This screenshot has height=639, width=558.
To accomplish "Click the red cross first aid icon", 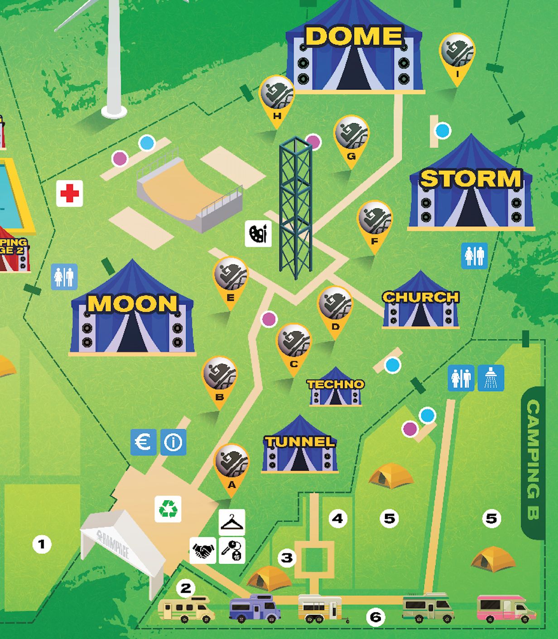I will pyautogui.click(x=69, y=194).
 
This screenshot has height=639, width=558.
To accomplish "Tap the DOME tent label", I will pyautogui.click(x=354, y=36).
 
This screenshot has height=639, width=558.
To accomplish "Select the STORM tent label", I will pyautogui.click(x=471, y=179).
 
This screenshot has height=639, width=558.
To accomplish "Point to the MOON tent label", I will pyautogui.click(x=132, y=304).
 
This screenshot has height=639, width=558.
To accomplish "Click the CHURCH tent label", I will pyautogui.click(x=421, y=297).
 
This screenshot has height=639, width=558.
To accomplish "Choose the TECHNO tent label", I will pyautogui.click(x=336, y=384).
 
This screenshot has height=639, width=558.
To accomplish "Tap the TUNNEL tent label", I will pyautogui.click(x=300, y=441).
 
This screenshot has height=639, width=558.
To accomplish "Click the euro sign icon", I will pyautogui.click(x=144, y=442).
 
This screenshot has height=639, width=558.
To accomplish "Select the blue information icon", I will pyautogui.click(x=173, y=442).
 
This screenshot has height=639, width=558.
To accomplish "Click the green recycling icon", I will pyautogui.click(x=168, y=509).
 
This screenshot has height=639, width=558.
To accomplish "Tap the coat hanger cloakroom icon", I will pyautogui.click(x=232, y=522).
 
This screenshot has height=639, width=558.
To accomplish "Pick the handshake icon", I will pyautogui.click(x=203, y=551).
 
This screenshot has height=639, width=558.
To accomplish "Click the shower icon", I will pyautogui.click(x=491, y=378).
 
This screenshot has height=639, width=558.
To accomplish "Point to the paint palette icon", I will pyautogui.click(x=258, y=234).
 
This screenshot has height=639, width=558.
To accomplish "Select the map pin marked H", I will pyautogui.click(x=277, y=97).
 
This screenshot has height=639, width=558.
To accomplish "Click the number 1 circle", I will pyautogui.click(x=42, y=544).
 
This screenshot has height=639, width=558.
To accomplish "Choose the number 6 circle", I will pyautogui.click(x=375, y=617).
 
